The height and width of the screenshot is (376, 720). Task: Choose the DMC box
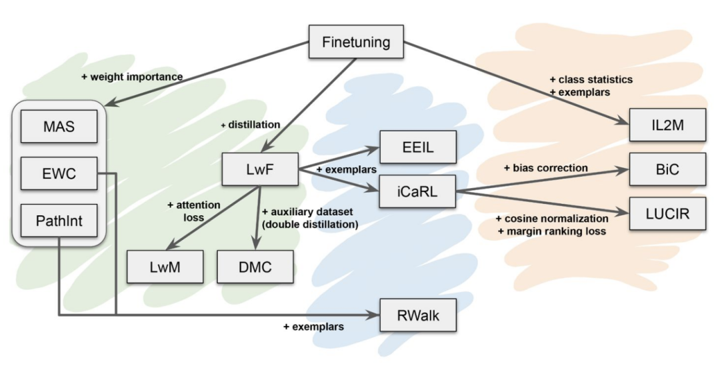click(255, 267)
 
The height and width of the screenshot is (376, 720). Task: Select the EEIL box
click(419, 147)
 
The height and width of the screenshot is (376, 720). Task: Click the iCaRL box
click(419, 193)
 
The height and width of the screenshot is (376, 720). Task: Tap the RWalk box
click(419, 315)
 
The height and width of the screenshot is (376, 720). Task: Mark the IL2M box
click(667, 125)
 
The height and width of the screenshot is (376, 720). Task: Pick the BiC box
click(667, 169)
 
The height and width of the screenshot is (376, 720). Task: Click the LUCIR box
click(667, 214)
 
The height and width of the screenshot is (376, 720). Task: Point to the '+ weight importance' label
click(132, 77)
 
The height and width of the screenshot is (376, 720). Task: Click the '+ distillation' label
click(250, 125)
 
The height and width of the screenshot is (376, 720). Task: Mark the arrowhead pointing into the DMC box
click(257, 245)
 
